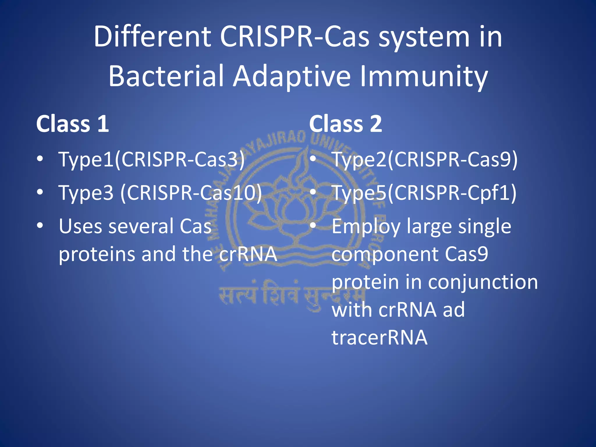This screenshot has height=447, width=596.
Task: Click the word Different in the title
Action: [152, 37]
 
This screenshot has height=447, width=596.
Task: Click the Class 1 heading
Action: [72, 124]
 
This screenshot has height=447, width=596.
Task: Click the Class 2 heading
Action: [345, 124]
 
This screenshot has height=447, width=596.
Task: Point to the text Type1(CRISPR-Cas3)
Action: [151, 160]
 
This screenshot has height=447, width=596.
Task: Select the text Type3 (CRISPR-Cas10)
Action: [160, 193]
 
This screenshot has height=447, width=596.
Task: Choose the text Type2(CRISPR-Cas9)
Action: [425, 160]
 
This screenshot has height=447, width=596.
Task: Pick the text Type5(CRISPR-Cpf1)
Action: [424, 193]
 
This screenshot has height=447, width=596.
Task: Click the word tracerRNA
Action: [379, 338]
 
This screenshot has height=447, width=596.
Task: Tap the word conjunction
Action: [483, 282]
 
